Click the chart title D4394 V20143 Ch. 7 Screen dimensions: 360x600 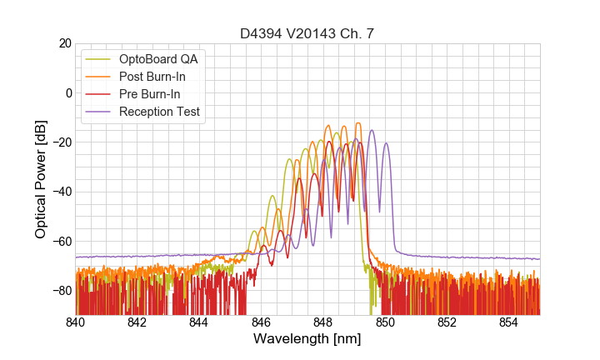click(307, 33)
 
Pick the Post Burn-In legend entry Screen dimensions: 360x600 click(163, 77)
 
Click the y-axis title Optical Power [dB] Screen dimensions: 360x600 click(41, 178)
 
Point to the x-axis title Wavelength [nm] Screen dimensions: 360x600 click(307, 339)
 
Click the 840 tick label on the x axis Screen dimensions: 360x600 click(75, 322)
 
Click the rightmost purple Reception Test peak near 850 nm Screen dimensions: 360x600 click(386, 143)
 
